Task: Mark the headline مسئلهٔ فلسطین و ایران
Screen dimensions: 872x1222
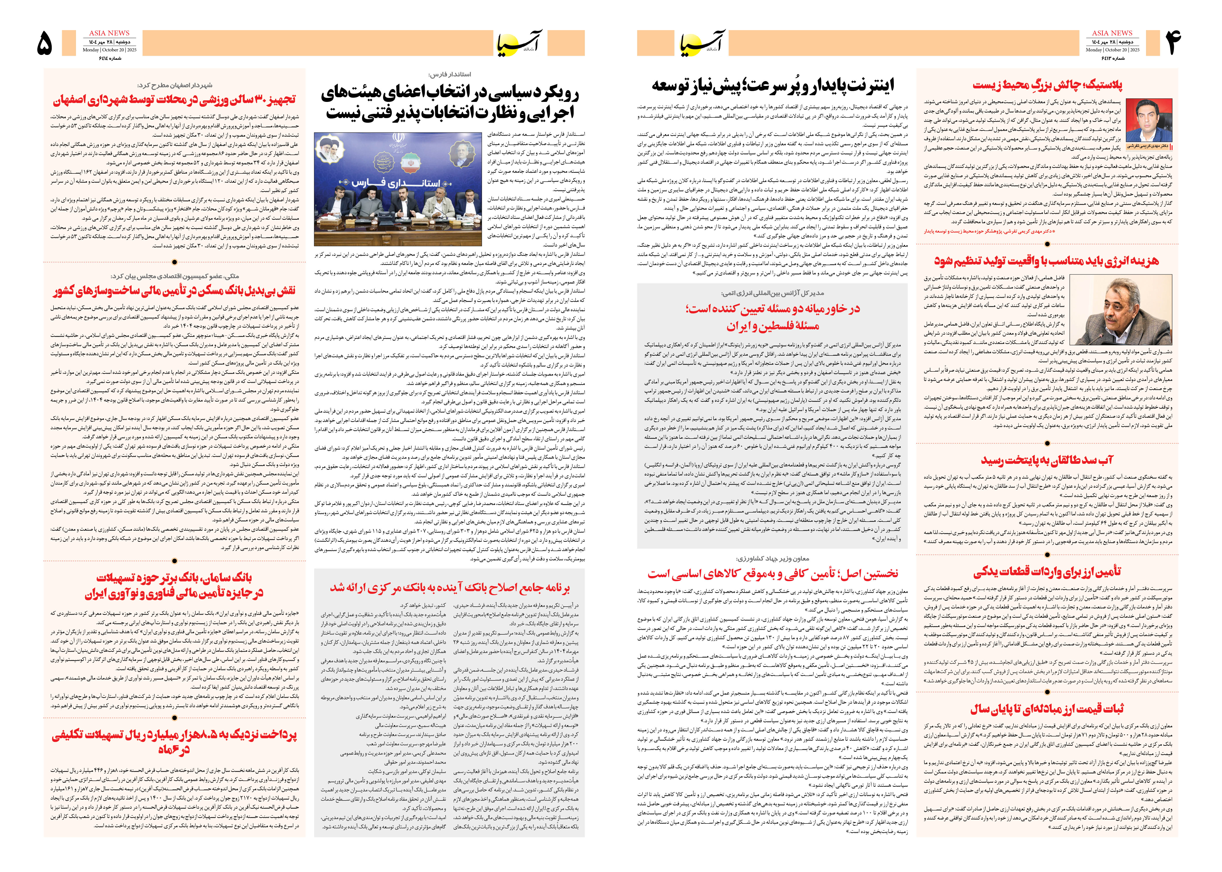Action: point(772,326)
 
